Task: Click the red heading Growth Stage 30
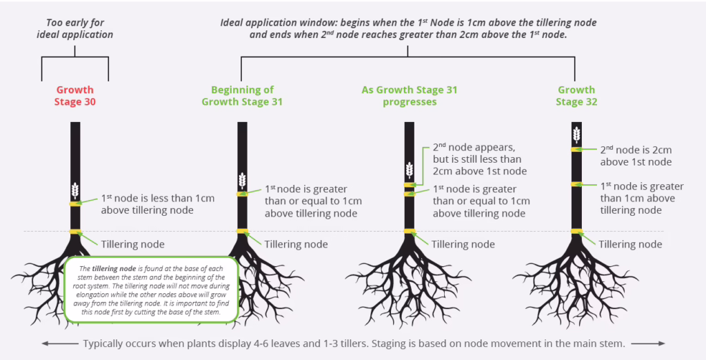[x=75, y=96]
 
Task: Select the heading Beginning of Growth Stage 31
[x=242, y=96]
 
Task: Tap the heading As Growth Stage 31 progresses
[x=409, y=96]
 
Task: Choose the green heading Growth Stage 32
[x=576, y=96]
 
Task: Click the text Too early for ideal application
[x=75, y=28]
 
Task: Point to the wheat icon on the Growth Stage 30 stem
[x=75, y=189]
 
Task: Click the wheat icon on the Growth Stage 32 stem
[x=576, y=134]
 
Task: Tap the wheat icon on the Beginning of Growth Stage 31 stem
[x=242, y=180]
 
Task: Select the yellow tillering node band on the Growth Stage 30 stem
[x=75, y=231]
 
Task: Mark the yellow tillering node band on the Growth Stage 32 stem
[x=576, y=231]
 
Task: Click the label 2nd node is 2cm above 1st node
[x=636, y=156]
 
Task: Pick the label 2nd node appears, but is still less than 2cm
[x=479, y=159]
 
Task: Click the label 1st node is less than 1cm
[x=158, y=204]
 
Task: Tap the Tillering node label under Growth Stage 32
[x=630, y=244]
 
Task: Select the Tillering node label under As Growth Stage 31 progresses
[x=463, y=244]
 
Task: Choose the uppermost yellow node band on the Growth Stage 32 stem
[x=576, y=150]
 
